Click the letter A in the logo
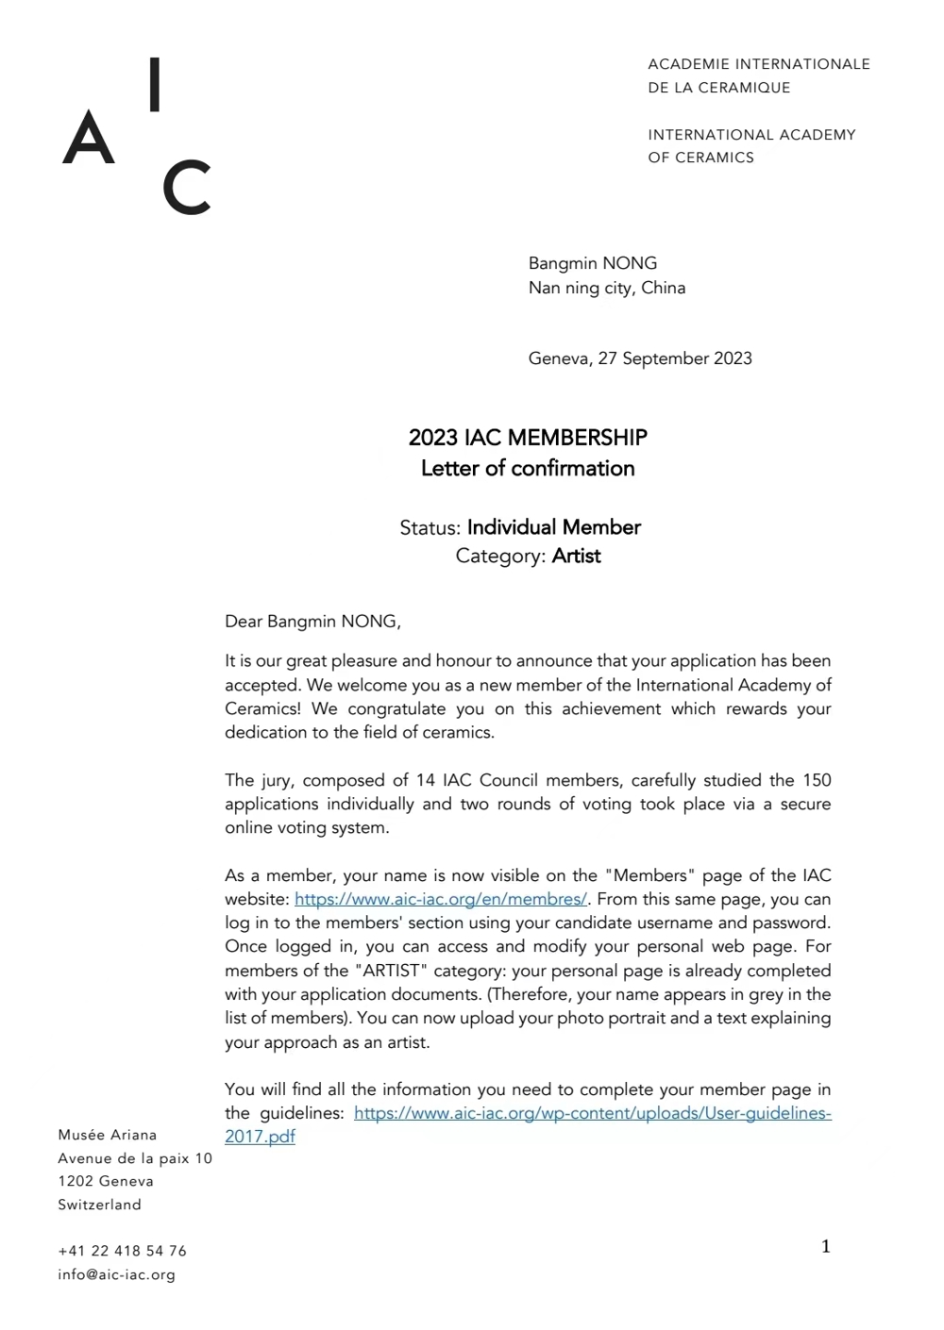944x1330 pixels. [89, 139]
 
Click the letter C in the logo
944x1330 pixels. [186, 189]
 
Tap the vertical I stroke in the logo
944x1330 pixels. [155, 85]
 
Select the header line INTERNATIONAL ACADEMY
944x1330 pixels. [751, 135]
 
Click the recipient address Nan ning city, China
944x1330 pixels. [606, 288]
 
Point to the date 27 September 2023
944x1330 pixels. [674, 358]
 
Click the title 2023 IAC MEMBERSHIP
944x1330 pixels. [528, 438]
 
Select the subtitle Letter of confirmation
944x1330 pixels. [528, 468]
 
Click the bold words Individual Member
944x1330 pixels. [553, 527]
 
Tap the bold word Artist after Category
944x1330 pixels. [576, 556]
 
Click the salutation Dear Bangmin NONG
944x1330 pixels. [312, 621]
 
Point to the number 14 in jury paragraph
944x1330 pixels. [425, 780]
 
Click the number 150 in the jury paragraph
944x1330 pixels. [817, 780]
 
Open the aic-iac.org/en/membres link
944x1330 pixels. [441, 899]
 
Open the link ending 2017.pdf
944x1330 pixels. [260, 1137]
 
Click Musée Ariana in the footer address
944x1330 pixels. [108, 1135]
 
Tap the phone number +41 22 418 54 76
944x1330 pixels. [122, 1251]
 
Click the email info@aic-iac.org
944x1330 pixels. [116, 1274]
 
